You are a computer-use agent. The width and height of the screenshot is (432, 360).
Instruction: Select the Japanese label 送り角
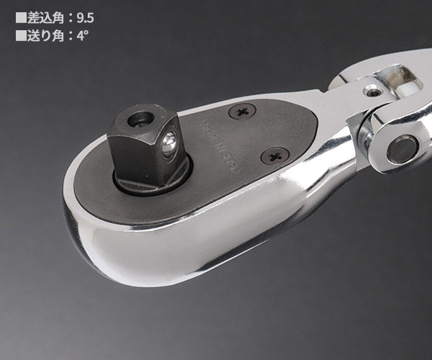tap(45, 33)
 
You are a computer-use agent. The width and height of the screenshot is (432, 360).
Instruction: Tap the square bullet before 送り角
tap(20, 33)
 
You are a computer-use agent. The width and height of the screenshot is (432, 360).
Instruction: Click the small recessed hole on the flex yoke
tap(372, 91)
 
